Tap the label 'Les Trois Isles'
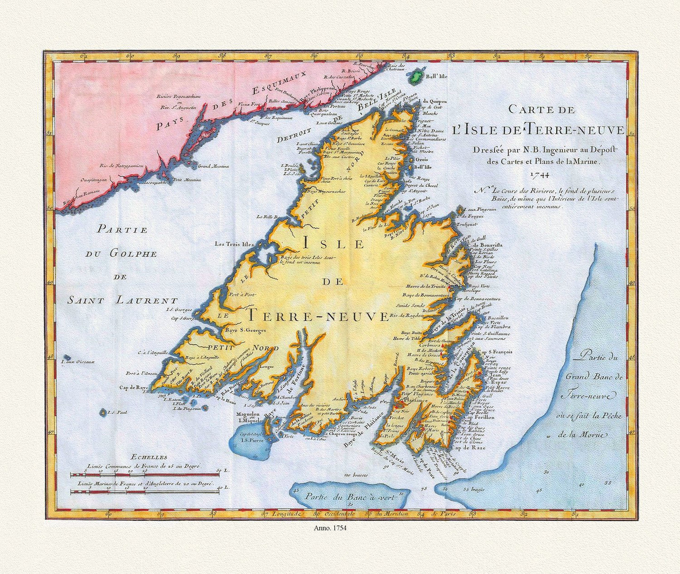point(234,244)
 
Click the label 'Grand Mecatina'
point(213,166)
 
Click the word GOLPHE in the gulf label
point(121,253)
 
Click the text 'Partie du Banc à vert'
point(347,496)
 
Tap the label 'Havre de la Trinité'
point(426,286)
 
